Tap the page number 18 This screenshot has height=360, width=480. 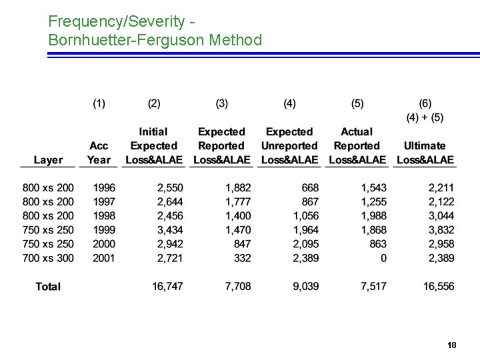point(451,345)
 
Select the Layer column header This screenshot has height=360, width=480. point(48,160)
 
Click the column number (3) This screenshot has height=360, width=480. point(222,103)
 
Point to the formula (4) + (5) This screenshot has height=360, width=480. point(425,117)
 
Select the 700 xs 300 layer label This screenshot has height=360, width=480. point(48,258)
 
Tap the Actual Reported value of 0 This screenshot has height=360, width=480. point(383,258)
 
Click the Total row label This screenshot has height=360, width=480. point(48,287)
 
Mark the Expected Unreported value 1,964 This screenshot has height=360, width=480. point(306,230)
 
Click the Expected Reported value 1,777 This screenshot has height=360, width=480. point(238,202)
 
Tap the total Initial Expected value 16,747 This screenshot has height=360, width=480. point(167,287)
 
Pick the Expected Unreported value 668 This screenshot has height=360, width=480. point(310,188)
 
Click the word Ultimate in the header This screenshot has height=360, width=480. point(425,146)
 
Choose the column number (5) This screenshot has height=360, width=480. point(357,103)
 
